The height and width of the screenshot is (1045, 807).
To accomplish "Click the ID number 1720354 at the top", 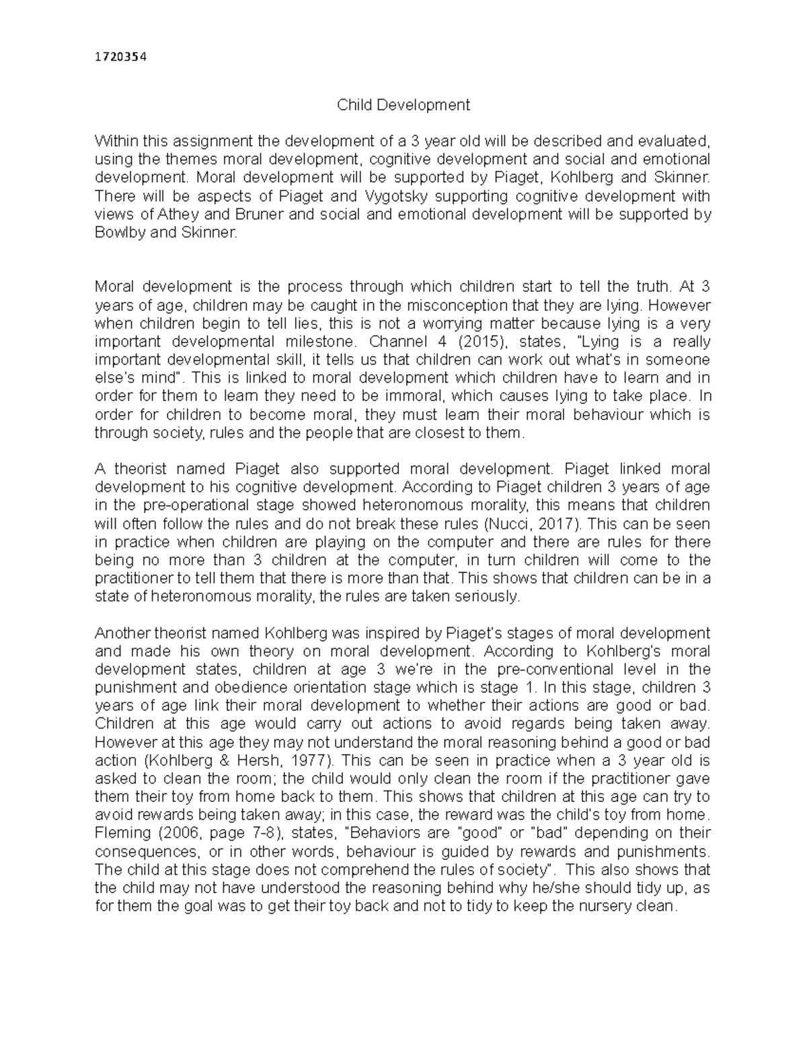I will point(120,57).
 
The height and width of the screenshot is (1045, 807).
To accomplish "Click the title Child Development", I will point(403,105).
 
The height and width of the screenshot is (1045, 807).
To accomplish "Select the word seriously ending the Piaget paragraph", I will point(486,596).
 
